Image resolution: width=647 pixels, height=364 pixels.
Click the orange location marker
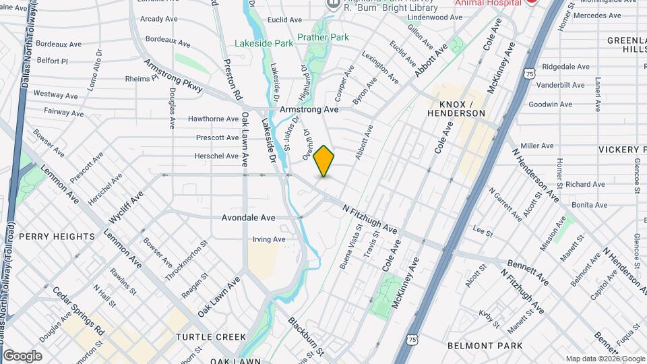(x=324, y=160)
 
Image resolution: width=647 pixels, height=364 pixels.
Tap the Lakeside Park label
(x=264, y=43)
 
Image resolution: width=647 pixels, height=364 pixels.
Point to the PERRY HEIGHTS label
(x=57, y=237)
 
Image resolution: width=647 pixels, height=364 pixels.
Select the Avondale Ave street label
(x=249, y=218)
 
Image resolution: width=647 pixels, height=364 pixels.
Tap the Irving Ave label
(x=269, y=239)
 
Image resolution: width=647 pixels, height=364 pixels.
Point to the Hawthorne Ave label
(x=213, y=119)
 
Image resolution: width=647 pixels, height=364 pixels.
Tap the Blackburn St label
(x=307, y=336)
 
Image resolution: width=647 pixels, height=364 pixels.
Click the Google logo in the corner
(x=22, y=356)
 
